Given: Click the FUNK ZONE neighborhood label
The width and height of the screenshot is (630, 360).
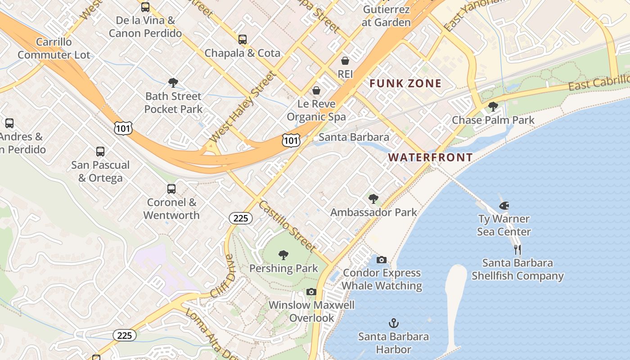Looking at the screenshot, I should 405,83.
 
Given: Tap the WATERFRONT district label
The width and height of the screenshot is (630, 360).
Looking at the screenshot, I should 430,157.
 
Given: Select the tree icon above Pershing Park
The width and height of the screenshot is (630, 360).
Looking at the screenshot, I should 283,255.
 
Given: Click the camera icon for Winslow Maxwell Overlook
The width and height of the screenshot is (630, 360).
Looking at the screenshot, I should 311,292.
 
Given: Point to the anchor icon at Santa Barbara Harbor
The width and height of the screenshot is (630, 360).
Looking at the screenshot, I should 394,323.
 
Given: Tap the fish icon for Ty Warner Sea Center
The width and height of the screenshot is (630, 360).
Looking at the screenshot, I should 504,206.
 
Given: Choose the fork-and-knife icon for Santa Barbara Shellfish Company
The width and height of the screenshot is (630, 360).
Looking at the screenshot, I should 517,249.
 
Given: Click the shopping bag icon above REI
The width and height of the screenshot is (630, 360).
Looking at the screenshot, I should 345,60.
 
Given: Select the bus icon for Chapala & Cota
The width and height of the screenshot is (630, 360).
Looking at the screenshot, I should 243,40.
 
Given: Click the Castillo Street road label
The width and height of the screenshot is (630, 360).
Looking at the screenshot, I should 288,226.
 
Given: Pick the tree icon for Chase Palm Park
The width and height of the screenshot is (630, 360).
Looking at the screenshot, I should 493,107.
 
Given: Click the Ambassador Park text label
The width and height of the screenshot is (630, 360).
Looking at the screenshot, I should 373,212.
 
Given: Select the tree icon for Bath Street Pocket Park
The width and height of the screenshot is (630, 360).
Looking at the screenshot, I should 173,83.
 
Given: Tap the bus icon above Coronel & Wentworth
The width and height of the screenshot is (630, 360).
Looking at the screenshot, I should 171,189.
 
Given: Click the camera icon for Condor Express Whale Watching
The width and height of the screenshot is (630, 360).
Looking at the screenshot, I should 381,260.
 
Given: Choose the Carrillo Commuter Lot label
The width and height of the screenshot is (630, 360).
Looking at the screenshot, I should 54,49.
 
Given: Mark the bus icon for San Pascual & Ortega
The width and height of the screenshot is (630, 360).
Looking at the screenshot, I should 100,152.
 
